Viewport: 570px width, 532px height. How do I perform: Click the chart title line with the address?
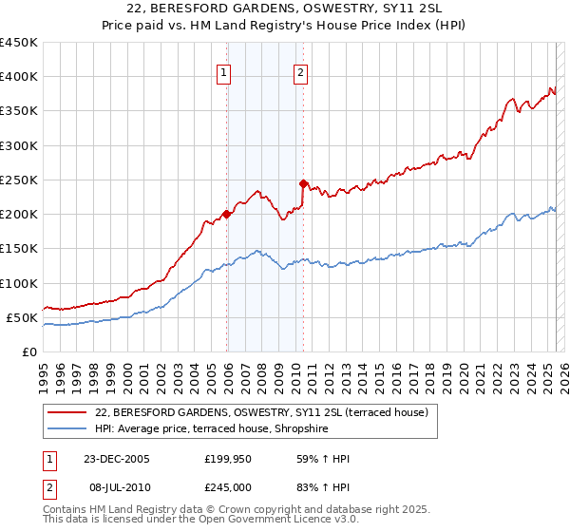tap(285, 9)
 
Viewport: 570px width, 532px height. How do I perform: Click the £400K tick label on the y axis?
tap(19, 77)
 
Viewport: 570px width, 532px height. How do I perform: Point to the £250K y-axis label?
tap(19, 180)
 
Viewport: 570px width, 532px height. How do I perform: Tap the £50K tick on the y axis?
tap(23, 317)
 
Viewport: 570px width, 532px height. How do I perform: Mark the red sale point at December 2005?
tap(227, 214)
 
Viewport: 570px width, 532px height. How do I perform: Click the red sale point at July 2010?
tap(303, 183)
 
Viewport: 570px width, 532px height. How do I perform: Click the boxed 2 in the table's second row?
tap(49, 485)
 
